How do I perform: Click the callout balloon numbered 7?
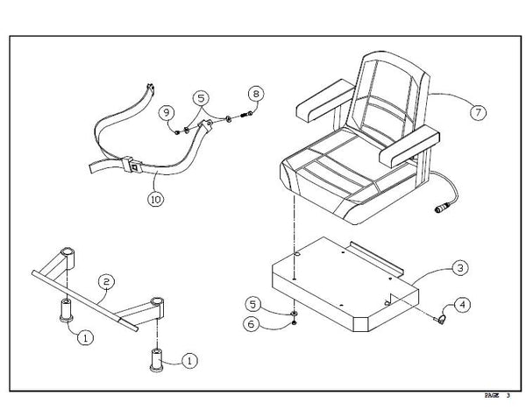pos(478,112)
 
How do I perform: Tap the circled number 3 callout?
pos(460,268)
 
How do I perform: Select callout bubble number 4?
pos(462,305)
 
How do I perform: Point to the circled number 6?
pos(252,324)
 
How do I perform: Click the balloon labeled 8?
pos(256,94)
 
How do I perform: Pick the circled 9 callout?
pos(167,112)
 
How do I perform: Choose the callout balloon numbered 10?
pos(156,200)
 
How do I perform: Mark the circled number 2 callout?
pos(106,281)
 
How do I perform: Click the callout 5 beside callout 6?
pos(252,304)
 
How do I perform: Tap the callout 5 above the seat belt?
pos(201,98)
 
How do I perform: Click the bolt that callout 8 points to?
pos(247,115)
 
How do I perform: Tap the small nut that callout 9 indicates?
pos(177,132)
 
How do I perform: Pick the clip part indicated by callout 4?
pos(440,317)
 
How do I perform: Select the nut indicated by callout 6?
pos(295,322)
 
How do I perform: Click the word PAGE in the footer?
pos(492,395)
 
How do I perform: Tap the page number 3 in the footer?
pos(508,395)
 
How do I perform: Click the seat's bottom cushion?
pos(349,174)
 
